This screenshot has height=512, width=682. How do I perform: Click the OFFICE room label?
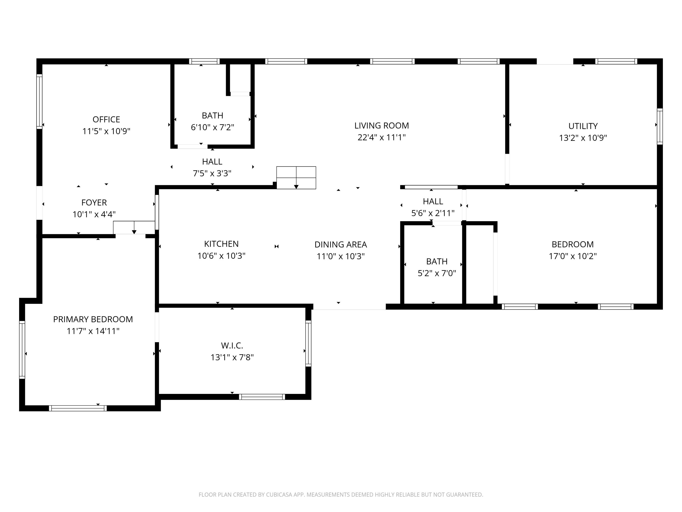click(x=106, y=119)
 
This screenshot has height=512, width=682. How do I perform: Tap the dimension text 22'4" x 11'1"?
click(x=381, y=137)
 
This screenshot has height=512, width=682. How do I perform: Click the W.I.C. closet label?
click(x=232, y=345)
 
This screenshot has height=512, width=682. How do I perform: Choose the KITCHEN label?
click(x=221, y=244)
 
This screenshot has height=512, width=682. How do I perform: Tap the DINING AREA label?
click(x=341, y=244)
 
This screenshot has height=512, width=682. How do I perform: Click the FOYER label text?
click(x=94, y=203)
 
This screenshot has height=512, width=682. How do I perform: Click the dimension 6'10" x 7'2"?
click(x=212, y=127)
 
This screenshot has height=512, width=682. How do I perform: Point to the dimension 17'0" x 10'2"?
click(x=573, y=256)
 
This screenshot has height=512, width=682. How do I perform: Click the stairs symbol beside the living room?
click(x=296, y=178)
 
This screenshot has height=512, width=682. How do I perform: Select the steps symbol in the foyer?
click(x=134, y=228)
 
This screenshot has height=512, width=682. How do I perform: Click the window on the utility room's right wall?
click(x=660, y=126)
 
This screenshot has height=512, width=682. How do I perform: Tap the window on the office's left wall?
click(x=39, y=101)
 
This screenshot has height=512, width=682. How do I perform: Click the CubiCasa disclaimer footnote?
click(x=341, y=495)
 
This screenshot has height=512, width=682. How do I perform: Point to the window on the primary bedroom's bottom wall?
click(x=78, y=408)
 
